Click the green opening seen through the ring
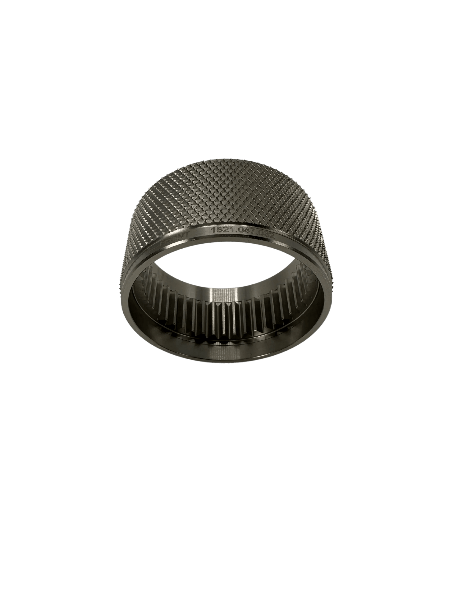pyautogui.click(x=224, y=270)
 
